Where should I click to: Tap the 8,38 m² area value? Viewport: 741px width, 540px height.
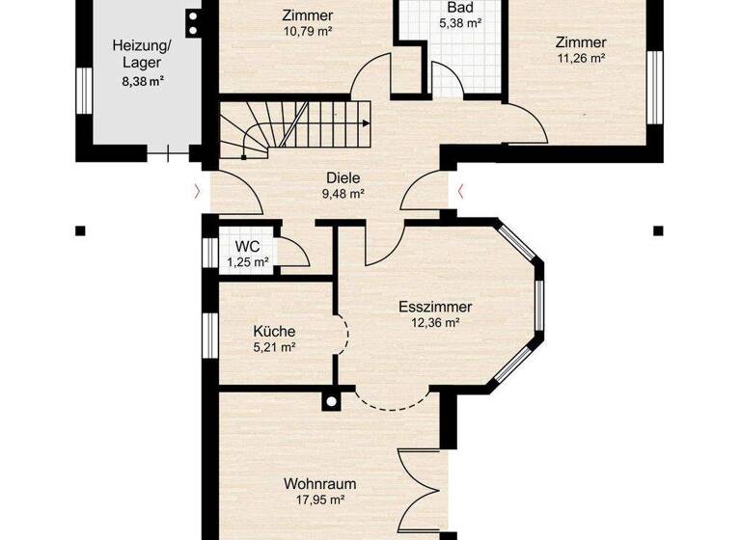point(143,83)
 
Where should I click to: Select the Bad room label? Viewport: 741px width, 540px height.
point(459,7)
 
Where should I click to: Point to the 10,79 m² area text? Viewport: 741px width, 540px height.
point(308,31)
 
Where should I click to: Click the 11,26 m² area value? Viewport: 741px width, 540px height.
point(581,58)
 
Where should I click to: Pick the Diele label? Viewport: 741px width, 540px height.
point(343,178)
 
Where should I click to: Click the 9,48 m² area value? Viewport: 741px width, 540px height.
point(343,194)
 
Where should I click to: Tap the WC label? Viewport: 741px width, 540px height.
point(247,246)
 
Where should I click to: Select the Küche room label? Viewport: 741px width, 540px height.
point(274,331)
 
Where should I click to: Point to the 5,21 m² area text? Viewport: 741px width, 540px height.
point(274,347)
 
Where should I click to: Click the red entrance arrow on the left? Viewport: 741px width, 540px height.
point(197,191)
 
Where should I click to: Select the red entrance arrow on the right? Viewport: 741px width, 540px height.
point(461,191)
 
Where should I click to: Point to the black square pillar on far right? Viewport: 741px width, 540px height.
point(659,230)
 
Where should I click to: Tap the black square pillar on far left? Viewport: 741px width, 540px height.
point(80,230)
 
